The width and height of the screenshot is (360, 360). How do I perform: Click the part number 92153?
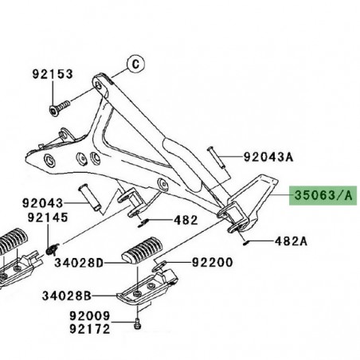pyautogui.click(x=53, y=74)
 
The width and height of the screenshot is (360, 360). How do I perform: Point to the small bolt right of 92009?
pyautogui.click(x=138, y=323)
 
